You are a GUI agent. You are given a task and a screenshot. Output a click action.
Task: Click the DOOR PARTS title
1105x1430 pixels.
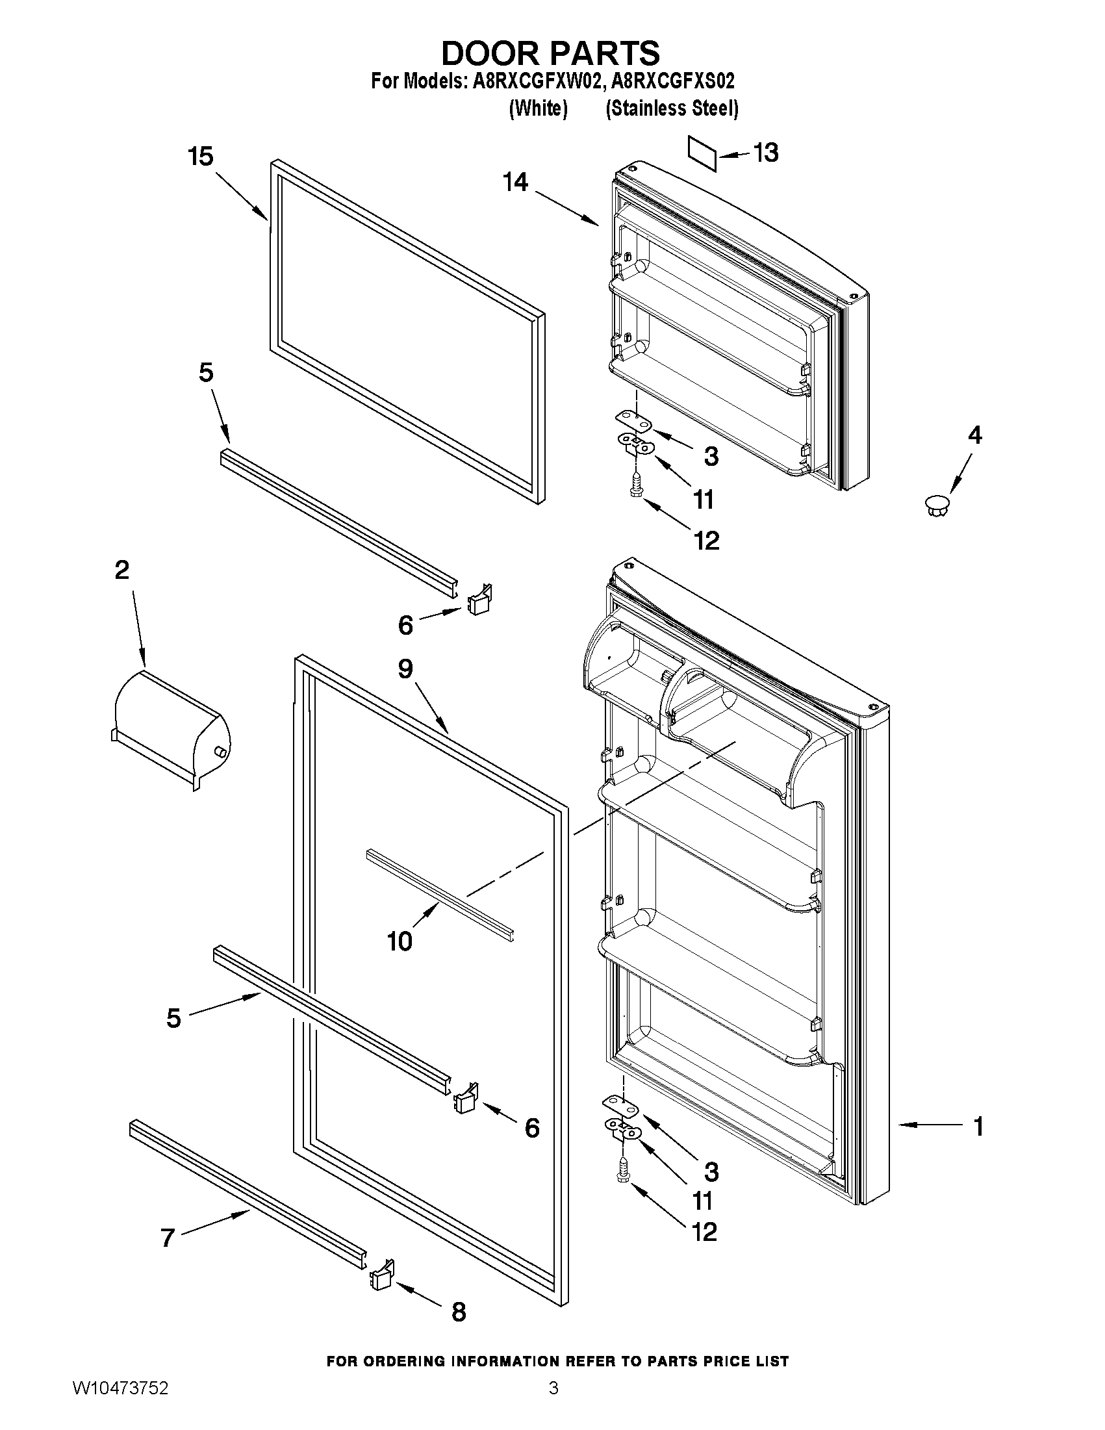(551, 53)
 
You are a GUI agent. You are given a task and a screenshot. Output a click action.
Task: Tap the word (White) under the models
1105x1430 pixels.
(537, 109)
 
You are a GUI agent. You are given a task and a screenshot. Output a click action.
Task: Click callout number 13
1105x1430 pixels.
(765, 153)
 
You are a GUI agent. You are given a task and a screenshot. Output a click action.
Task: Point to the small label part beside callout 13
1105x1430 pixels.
(702, 153)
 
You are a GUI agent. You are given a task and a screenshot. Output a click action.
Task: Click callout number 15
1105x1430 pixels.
(200, 157)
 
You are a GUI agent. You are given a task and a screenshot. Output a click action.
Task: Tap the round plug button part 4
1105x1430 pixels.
(937, 505)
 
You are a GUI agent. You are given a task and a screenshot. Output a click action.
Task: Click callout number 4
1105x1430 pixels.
(974, 435)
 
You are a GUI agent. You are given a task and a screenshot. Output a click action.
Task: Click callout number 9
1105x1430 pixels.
(405, 669)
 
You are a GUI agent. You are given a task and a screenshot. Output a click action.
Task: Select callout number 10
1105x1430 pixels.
(400, 941)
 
